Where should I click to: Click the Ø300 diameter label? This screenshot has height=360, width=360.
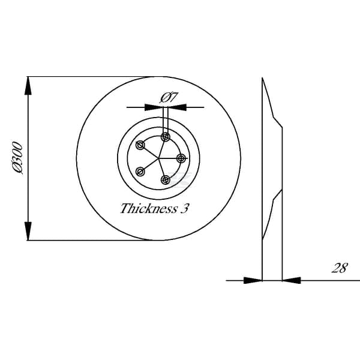[17, 158]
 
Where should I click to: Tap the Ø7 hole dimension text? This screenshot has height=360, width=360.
[169, 98]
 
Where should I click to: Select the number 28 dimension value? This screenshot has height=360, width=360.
[340, 268]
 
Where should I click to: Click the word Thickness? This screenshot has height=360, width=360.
[149, 208]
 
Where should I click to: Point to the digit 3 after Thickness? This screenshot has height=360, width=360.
[184, 209]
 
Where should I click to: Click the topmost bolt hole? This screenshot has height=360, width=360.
[166, 137]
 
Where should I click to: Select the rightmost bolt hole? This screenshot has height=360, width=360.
[181, 158]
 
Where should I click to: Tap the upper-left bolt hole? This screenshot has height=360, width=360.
[140, 145]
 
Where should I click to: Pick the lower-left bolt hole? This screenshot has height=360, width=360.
[140, 172]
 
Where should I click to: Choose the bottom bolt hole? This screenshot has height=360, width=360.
[166, 180]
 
